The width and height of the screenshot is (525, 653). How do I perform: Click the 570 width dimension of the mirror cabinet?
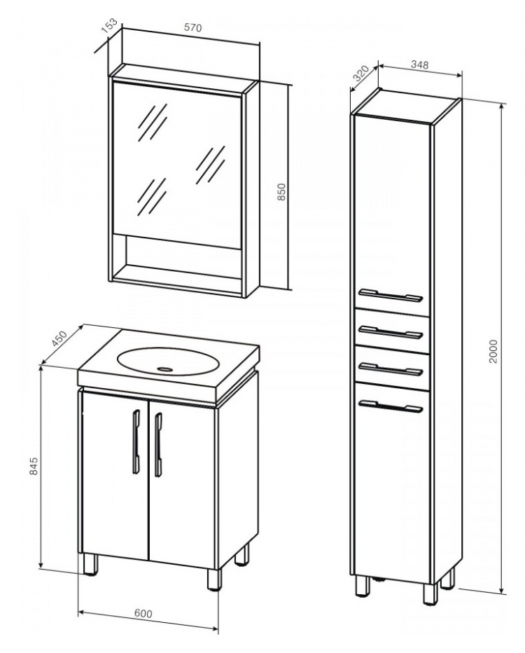192,28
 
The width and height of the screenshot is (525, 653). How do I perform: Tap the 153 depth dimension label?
110,26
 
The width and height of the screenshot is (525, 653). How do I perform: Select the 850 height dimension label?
281,192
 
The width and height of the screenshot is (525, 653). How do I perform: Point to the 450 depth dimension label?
59,338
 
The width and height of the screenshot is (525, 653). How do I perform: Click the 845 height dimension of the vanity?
34,466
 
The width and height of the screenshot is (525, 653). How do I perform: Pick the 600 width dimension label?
143,614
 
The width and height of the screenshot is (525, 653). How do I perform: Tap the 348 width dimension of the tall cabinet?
419,64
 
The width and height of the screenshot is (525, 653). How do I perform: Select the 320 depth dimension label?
361,74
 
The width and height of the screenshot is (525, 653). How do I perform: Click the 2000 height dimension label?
493,352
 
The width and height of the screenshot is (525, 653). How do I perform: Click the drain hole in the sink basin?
166,369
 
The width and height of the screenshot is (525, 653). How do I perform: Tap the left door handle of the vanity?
136,442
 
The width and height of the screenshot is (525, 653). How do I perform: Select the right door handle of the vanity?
158,444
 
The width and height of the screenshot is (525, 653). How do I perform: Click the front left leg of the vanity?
90,564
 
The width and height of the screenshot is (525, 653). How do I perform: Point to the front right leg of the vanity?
215,579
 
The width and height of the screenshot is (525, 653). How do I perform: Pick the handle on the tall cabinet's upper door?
391,295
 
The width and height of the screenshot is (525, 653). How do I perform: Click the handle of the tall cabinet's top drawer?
391,332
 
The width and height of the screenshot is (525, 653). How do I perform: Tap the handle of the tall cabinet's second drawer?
391,369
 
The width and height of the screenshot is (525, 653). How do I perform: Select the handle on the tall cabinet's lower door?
391,406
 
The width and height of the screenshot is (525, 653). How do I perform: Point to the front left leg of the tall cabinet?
363,586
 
